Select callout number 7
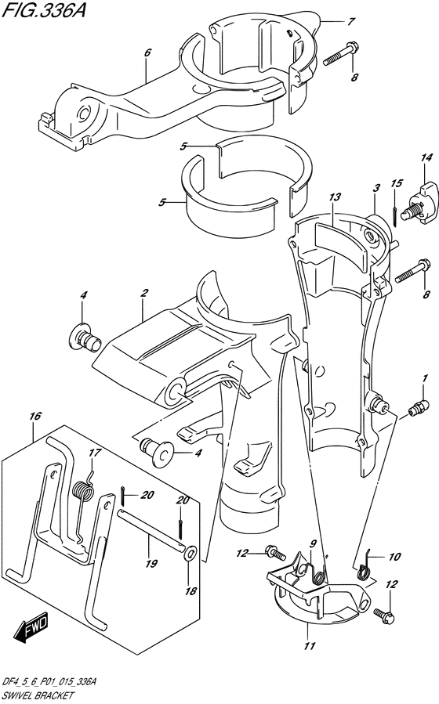tap(351, 20)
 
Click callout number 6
tap(147, 52)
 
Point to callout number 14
tap(426, 157)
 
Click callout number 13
tap(334, 197)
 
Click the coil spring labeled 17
tap(85, 489)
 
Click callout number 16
tap(35, 416)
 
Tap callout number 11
tap(310, 646)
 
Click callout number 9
tap(314, 543)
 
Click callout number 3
tap(376, 188)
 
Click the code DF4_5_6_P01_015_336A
tap(50, 683)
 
